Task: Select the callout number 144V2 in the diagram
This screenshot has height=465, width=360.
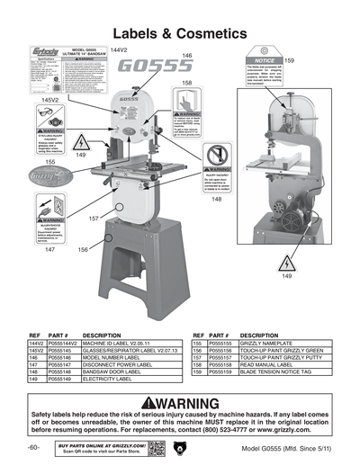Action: tap(120, 49)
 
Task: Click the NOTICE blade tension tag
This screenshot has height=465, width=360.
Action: tap(256, 74)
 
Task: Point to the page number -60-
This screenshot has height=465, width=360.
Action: tap(32, 447)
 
